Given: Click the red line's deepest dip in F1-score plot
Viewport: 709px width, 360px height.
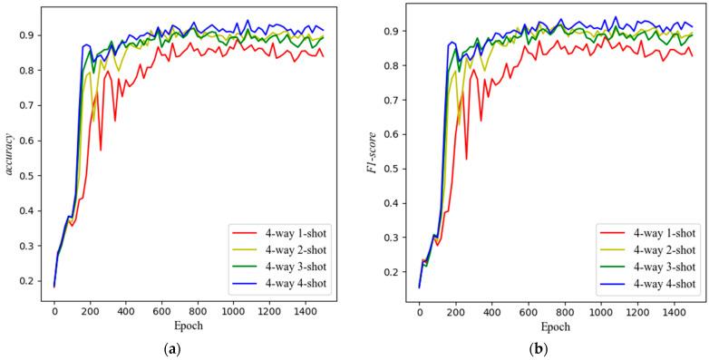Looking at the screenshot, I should [x=466, y=160].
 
